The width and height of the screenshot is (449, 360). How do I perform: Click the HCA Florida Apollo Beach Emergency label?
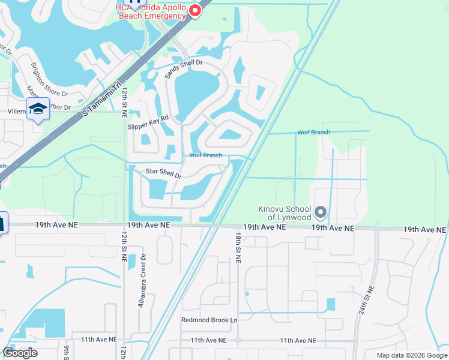[152, 11]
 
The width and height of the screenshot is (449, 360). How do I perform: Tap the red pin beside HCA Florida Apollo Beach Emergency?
[195, 11]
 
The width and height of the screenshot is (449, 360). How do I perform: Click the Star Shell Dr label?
[164, 173]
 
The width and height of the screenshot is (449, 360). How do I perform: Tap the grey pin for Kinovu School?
[321, 212]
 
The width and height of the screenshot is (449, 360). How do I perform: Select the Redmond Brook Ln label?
[209, 320]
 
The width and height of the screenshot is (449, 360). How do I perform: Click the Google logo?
[20, 353]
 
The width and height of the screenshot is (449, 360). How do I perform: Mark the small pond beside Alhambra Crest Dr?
[131, 262]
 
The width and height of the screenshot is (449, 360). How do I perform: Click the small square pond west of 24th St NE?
[331, 304]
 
